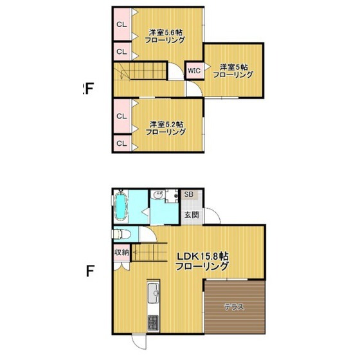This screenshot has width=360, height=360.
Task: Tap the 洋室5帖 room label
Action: [233, 66]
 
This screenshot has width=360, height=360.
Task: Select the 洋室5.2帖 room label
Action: [165, 123]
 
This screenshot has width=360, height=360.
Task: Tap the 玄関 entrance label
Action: [191, 215]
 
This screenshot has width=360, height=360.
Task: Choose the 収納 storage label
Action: [122, 252]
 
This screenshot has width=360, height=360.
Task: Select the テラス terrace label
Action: [233, 307]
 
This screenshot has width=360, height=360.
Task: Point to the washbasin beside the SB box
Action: [157, 196]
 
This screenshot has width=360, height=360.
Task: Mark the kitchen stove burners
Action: [154, 325]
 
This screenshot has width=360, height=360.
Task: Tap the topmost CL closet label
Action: [122, 24]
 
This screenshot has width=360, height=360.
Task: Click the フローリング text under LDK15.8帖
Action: [204, 265]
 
